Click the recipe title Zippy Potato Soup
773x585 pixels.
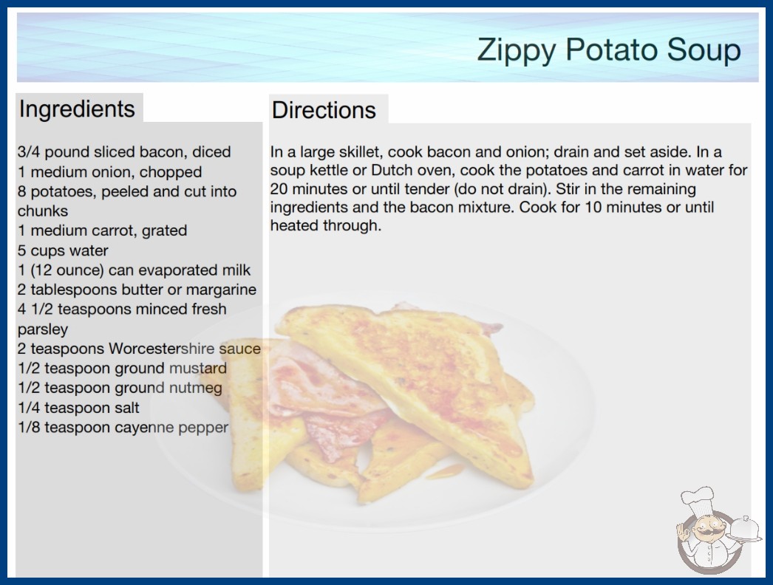(609, 50)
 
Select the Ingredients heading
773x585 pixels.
(77, 109)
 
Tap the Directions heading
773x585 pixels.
(324, 110)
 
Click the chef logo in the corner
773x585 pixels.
(718, 530)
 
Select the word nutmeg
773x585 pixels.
(195, 389)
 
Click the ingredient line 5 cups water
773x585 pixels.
(63, 251)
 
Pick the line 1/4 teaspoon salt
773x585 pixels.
(78, 408)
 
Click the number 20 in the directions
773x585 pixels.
(279, 189)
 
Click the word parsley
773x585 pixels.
(42, 329)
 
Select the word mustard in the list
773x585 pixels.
(198, 368)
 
